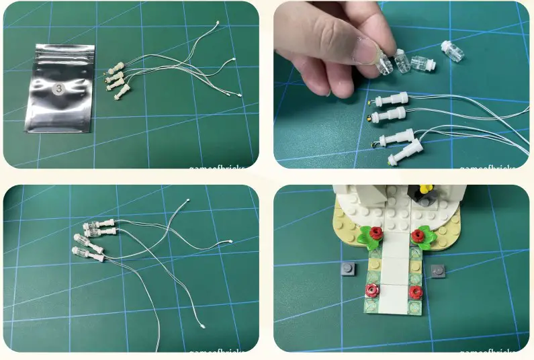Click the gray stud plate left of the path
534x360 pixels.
345,270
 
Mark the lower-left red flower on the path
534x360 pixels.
371,290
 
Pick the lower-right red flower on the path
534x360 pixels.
416,291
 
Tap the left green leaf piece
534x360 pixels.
367,237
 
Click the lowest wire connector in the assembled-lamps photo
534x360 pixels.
204,326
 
